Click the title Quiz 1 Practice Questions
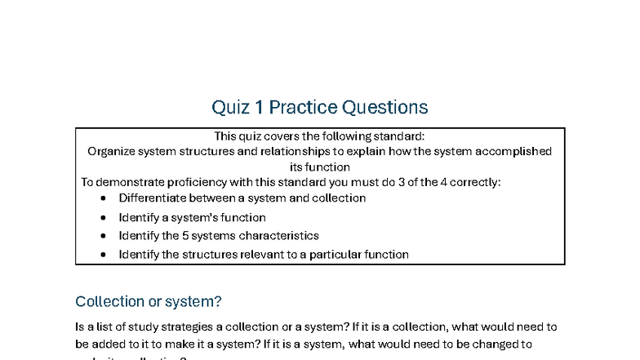point(320,107)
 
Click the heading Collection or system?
point(148,301)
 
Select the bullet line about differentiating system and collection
point(242,198)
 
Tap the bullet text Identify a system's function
point(192,217)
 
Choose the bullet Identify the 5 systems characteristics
point(218,235)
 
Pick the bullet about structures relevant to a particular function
point(263,254)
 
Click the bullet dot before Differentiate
point(103,198)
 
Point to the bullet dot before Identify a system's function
point(103,217)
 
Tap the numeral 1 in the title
point(257,107)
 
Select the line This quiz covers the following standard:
point(320,136)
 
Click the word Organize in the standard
point(113,151)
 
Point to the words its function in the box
point(320,167)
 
